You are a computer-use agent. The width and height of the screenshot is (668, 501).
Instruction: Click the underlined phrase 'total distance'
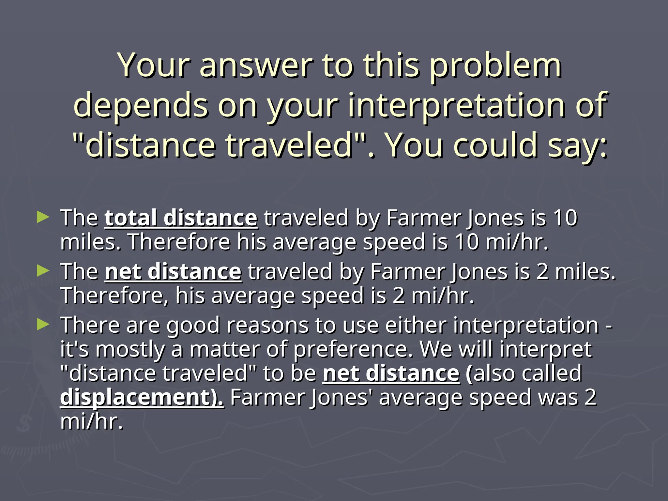coord(181,218)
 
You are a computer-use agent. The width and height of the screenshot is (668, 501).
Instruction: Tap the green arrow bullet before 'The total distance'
coord(43,217)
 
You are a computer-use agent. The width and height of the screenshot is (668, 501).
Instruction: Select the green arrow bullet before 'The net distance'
coord(43,270)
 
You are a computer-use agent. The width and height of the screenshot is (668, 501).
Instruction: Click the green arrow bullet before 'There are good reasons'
coord(43,324)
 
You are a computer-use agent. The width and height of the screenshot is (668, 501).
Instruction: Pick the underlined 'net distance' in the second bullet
coord(173,271)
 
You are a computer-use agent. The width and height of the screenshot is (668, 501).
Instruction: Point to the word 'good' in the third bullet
coord(193,326)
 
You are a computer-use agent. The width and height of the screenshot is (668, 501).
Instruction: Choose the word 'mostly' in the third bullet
coord(130,349)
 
